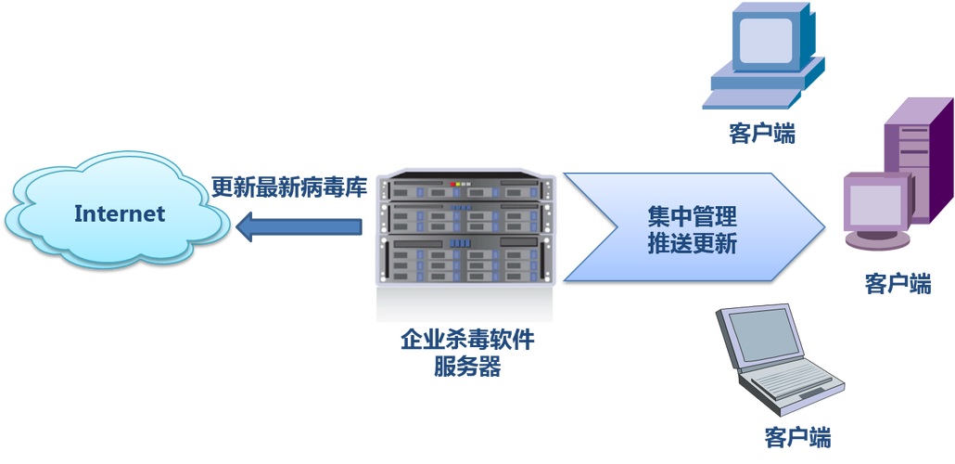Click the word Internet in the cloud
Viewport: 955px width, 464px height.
pyautogui.click(x=119, y=214)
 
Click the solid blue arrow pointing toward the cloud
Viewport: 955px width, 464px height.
pyautogui.click(x=297, y=227)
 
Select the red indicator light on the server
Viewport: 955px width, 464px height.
pyautogui.click(x=452, y=186)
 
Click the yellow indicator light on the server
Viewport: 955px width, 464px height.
pyautogui.click(x=460, y=186)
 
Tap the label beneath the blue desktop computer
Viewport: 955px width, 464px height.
pyautogui.click(x=762, y=135)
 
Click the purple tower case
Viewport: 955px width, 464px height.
pyautogui.click(x=907, y=158)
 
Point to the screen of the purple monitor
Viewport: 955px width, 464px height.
pyautogui.click(x=870, y=202)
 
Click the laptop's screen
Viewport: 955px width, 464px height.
pyautogui.click(x=762, y=336)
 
